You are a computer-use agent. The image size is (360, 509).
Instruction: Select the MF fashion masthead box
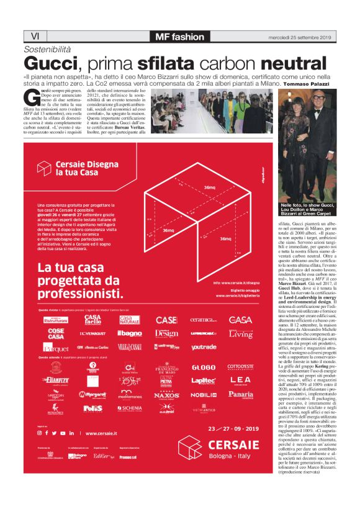pyautogui.click(x=179, y=36)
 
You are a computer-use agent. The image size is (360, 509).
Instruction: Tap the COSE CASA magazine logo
pyautogui.click(x=56, y=333)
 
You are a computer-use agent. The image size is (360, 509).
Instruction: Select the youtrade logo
pyautogui.click(x=204, y=348)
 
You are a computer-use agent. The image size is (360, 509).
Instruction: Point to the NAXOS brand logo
pyautogui.click(x=166, y=394)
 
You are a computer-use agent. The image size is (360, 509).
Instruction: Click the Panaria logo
pyautogui.click(x=240, y=394)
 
